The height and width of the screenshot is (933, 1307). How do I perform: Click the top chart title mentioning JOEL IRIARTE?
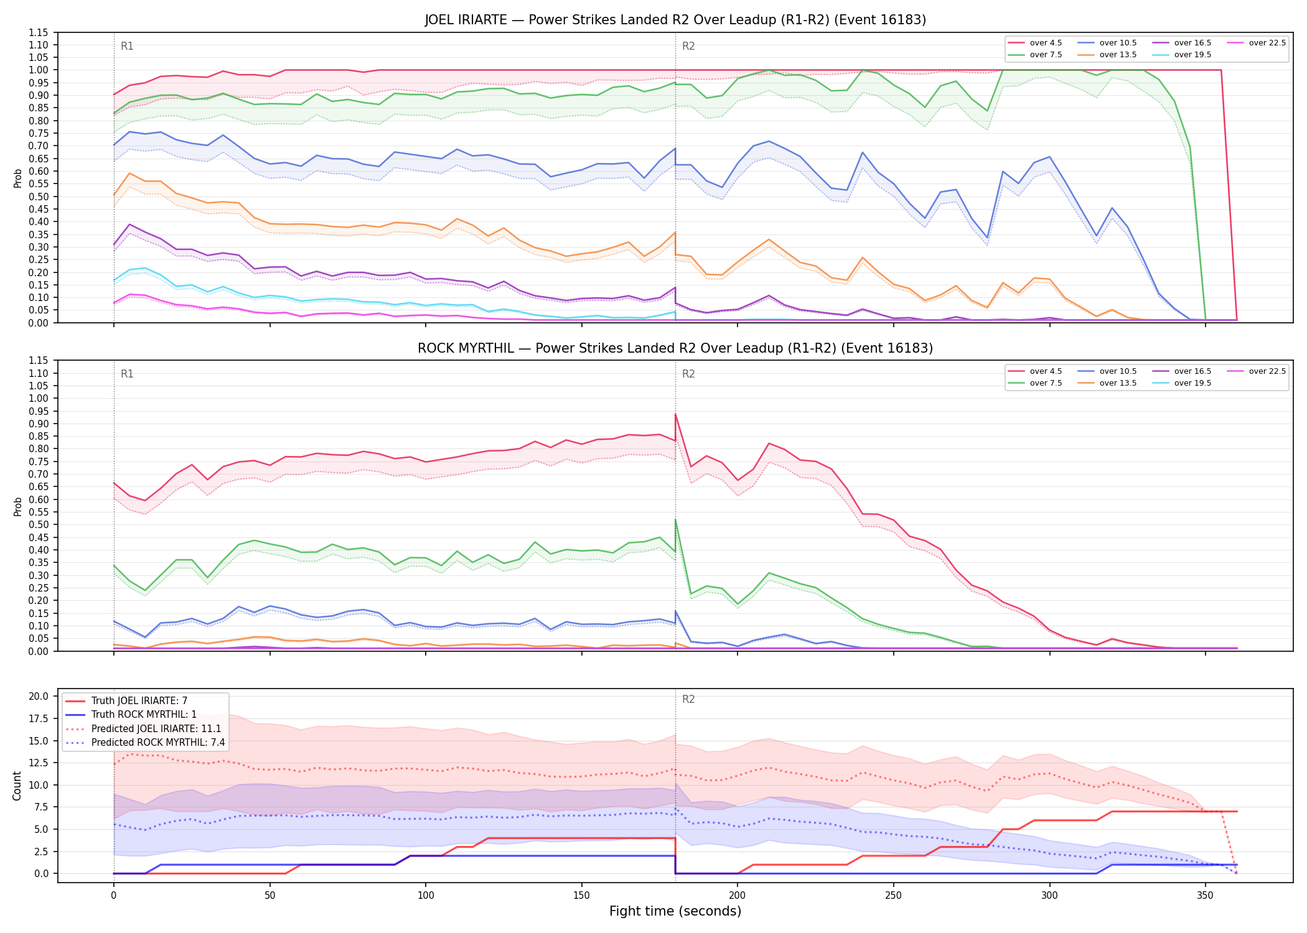[675, 20]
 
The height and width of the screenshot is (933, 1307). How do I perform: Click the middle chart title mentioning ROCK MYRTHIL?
[675, 348]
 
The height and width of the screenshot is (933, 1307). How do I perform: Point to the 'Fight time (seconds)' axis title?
[675, 911]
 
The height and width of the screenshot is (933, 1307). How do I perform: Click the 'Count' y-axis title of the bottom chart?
[17, 786]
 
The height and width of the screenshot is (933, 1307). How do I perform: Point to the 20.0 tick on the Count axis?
[40, 696]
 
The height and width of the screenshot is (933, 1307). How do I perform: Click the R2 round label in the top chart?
[688, 46]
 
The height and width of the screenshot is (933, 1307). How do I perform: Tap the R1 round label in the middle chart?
[127, 374]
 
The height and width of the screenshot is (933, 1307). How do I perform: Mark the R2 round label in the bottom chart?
[688, 699]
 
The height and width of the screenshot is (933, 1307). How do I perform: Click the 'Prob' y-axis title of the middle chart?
[17, 506]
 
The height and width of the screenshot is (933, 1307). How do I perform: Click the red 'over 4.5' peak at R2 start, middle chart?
[675, 414]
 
